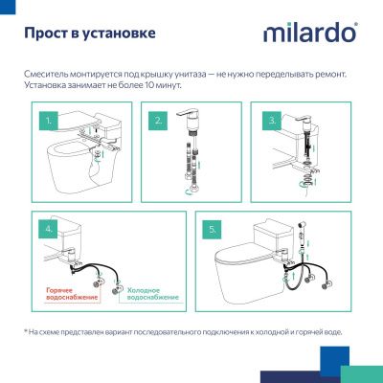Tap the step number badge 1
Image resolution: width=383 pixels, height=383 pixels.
point(48,122)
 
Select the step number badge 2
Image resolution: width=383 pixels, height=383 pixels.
point(159,122)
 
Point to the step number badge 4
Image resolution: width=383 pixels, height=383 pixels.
point(48,230)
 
